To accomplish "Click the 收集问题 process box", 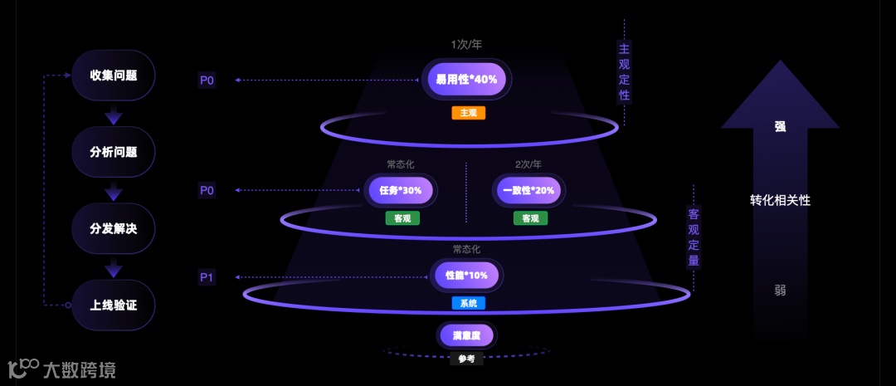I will tap(114, 76).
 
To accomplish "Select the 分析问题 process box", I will tap(114, 152).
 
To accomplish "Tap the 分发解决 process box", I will tap(114, 228).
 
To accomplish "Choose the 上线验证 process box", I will tap(114, 305).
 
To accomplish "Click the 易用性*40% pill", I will tap(466, 80).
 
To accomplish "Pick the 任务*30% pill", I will tap(401, 190).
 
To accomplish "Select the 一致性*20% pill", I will tap(528, 190).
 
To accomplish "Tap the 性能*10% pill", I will tap(466, 275).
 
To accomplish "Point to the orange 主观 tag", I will tap(468, 113).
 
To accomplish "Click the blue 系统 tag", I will tap(468, 303).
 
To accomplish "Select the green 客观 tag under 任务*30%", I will tap(402, 218).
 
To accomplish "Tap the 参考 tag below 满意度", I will tap(467, 359).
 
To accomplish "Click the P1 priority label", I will tap(207, 277).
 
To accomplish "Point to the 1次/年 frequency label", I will tap(466, 44).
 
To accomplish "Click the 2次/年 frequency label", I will tap(529, 164).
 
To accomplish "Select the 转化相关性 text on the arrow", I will tap(780, 200).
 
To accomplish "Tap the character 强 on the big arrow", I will tap(780, 127).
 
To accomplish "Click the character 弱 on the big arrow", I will tap(780, 290).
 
